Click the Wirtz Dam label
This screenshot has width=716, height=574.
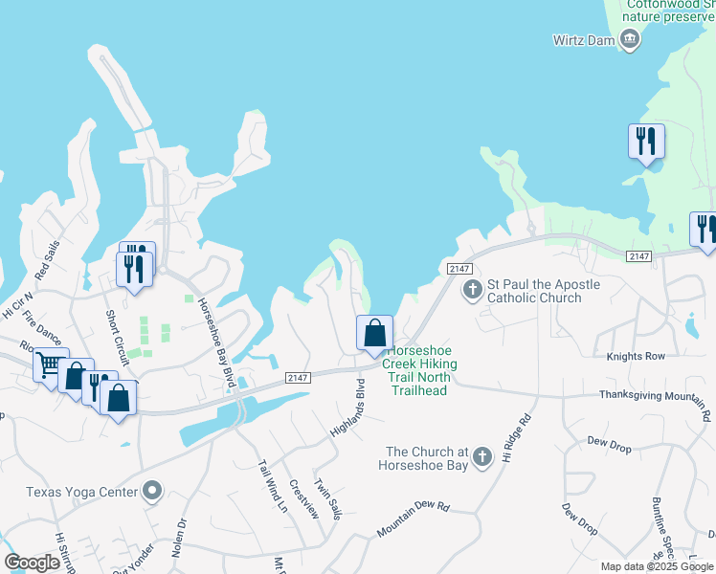click(584, 39)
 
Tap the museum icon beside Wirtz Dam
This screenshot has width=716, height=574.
click(630, 38)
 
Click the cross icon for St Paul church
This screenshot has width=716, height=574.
click(471, 289)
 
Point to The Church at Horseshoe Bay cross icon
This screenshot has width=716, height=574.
click(483, 456)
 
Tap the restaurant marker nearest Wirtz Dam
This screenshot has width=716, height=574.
click(646, 142)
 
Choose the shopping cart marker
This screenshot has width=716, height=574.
click(49, 365)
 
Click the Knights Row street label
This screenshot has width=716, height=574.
click(635, 356)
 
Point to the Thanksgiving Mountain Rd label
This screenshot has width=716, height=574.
click(655, 402)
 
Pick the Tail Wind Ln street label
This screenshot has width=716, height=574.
click(272, 485)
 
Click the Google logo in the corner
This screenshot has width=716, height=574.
click(32, 562)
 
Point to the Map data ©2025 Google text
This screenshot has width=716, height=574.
click(657, 566)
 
